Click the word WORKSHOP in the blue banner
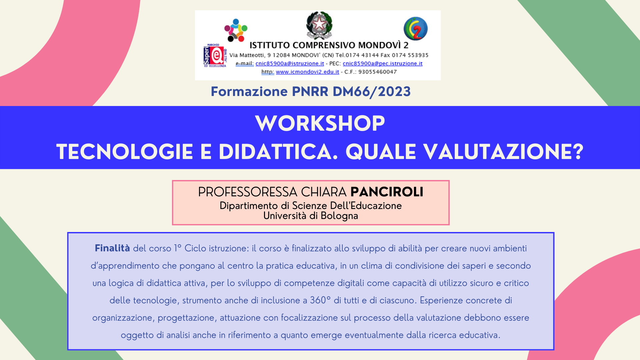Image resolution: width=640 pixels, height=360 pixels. [320, 123]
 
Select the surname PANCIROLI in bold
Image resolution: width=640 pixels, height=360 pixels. [387, 192]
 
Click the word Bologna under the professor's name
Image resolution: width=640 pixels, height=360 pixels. [339, 216]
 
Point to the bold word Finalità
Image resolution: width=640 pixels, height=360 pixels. [112, 248]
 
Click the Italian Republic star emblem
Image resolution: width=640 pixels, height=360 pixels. [319, 25]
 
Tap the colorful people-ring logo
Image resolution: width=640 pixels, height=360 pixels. [236, 30]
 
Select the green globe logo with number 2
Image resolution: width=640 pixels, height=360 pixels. [416, 29]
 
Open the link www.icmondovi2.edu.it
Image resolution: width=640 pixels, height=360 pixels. [307, 72]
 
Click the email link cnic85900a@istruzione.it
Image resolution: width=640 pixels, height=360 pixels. [290, 63]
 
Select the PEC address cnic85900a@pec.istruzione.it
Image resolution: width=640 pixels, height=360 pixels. [383, 63]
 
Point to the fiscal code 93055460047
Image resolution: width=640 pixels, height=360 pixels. [378, 72]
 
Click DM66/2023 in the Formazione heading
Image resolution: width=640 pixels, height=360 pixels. [372, 91]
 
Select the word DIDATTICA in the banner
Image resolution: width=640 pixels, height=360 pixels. [278, 152]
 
